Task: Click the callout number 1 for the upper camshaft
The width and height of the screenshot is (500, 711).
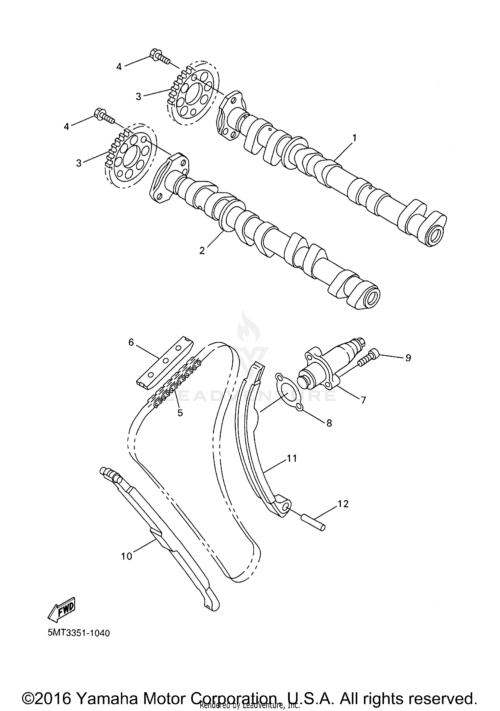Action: pyautogui.click(x=354, y=138)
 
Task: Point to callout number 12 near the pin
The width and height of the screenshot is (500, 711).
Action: pyautogui.click(x=343, y=504)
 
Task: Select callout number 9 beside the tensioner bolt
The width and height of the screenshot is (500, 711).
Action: pyautogui.click(x=408, y=358)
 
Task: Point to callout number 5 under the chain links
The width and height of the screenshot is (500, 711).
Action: pyautogui.click(x=180, y=413)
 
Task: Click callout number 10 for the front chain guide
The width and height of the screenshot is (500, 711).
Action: pyautogui.click(x=127, y=556)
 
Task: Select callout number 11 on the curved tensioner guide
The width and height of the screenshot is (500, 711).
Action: pyautogui.click(x=292, y=458)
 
